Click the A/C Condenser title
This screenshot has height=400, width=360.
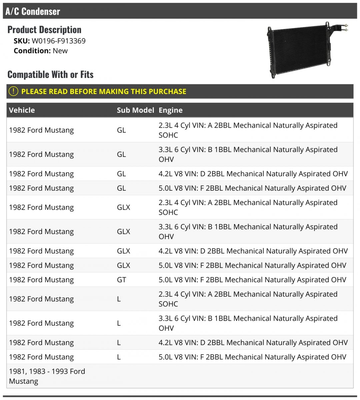pyautogui.click(x=33, y=11)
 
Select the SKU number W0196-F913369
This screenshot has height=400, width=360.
pyautogui.click(x=59, y=41)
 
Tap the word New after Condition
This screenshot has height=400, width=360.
pyautogui.click(x=60, y=51)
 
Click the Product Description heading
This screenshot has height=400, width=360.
pyautogui.click(x=44, y=30)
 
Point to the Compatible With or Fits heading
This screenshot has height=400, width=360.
pyautogui.click(x=50, y=74)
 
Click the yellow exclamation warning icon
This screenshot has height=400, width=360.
pyautogui.click(x=13, y=91)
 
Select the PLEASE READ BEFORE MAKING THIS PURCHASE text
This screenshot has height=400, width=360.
pyautogui.click(x=104, y=91)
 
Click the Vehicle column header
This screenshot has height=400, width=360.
pyautogui.click(x=22, y=110)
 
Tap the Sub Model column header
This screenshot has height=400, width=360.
pyautogui.click(x=135, y=110)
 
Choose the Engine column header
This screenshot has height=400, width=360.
pyautogui.click(x=171, y=110)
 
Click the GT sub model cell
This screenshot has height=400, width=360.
pyautogui.click(x=121, y=280)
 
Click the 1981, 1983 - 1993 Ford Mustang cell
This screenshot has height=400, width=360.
pyautogui.click(x=47, y=376)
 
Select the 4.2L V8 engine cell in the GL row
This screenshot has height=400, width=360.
pyautogui.click(x=253, y=174)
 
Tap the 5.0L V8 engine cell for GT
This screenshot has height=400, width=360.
pyautogui.click(x=252, y=280)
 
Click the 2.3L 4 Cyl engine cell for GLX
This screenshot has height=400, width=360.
pyautogui.click(x=248, y=207)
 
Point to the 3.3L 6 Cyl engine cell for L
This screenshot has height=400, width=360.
pyautogui.click(x=248, y=323)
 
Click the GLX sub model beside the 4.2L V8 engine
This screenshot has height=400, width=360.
pyautogui.click(x=123, y=251)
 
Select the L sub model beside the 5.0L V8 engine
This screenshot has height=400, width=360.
pyautogui.click(x=119, y=357)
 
